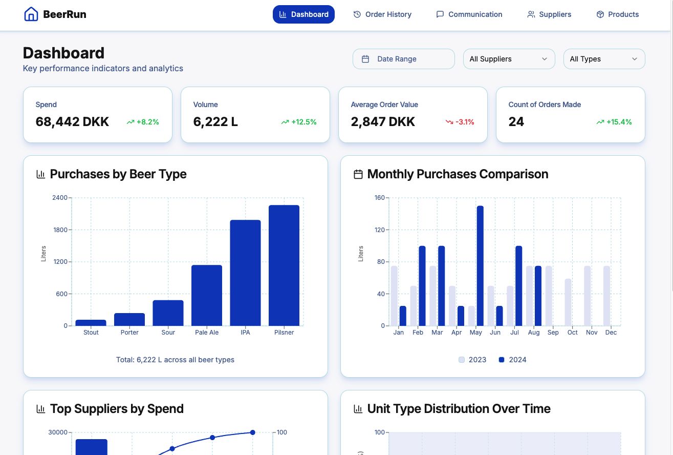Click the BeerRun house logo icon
[31, 14]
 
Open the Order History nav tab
[382, 14]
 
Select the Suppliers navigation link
[549, 14]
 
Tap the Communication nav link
[469, 14]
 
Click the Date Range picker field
[403, 59]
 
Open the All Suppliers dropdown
[509, 59]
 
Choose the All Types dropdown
[604, 59]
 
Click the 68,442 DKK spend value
[72, 122]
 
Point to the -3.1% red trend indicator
[460, 122]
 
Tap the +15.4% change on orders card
[614, 122]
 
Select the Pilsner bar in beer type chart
[284, 265]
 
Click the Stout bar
[91, 323]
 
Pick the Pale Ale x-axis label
[207, 333]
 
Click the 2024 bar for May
[480, 265]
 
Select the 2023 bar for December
[606, 296]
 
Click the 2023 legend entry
[472, 360]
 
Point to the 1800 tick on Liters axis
[60, 230]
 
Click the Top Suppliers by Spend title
[117, 409]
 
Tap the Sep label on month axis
[553, 333]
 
